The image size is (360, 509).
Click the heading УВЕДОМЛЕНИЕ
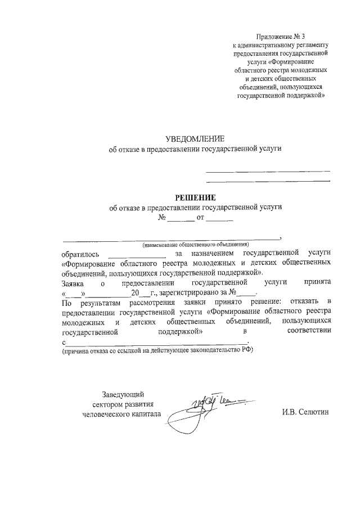pyautogui.click(x=195, y=139)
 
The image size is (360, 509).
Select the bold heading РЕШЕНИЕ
pyautogui.click(x=195, y=197)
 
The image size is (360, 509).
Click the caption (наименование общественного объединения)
pyautogui.click(x=195, y=245)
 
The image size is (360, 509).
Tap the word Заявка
pyautogui.click(x=74, y=282)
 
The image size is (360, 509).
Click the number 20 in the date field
pyautogui.click(x=134, y=292)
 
